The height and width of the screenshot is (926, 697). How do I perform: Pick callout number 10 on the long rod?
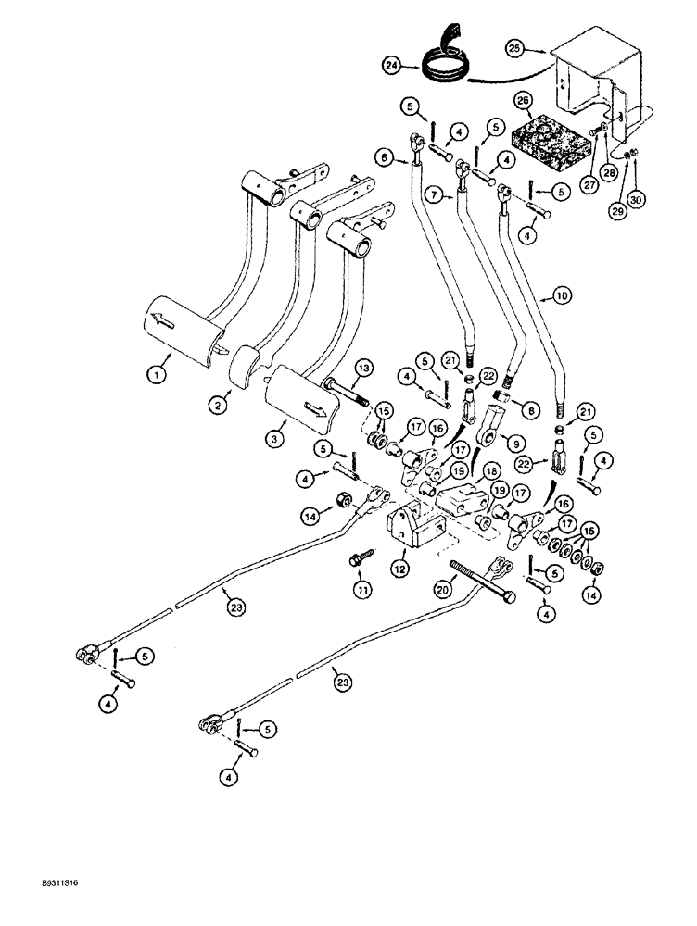561,296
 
